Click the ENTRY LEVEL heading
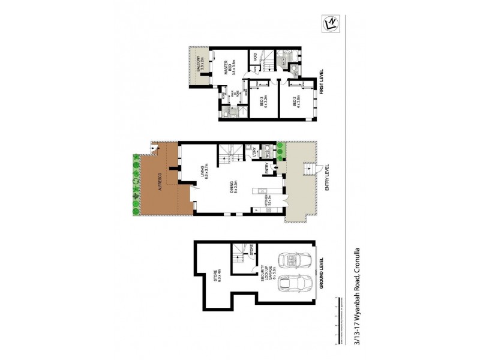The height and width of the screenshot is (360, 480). pyautogui.click(x=327, y=179)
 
